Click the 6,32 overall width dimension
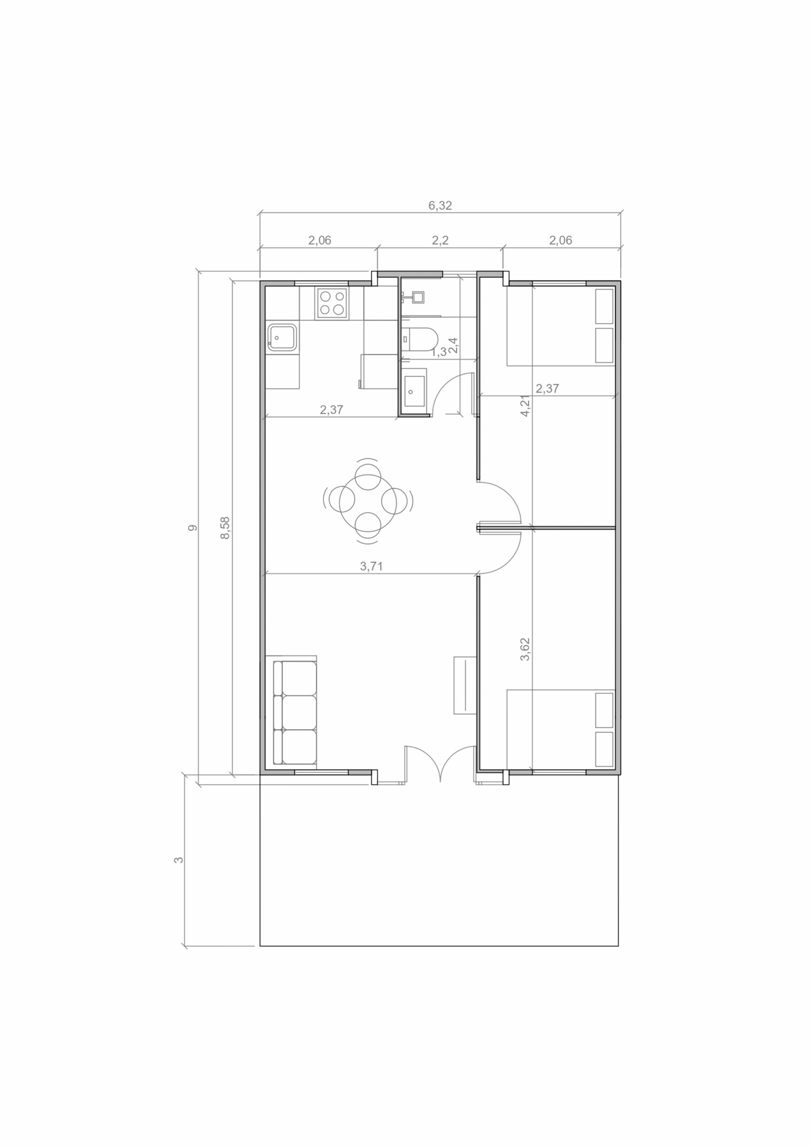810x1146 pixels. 440,205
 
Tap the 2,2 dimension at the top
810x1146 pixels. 440,240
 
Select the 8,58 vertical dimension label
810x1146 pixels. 225,528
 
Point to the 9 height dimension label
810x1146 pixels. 192,528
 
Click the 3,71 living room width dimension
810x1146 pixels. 372,566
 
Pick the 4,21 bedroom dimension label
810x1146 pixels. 525,405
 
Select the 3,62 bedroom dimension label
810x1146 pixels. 525,650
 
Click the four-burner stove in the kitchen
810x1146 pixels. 332,303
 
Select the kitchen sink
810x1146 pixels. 282,338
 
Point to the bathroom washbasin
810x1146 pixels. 414,392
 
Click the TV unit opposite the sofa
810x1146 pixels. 464,685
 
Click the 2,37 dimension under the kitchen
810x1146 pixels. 332,410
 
